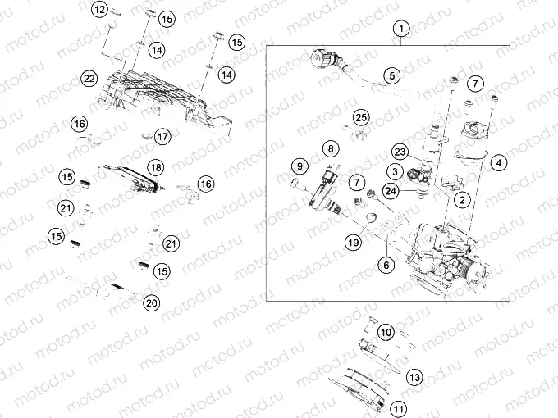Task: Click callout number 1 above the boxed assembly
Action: pyautogui.click(x=400, y=30)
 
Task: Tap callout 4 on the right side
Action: pyautogui.click(x=498, y=162)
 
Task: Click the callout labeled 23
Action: pyautogui.click(x=400, y=152)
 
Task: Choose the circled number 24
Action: pyautogui.click(x=391, y=191)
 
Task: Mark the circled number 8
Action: pyautogui.click(x=329, y=149)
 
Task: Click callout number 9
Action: pyautogui.click(x=297, y=168)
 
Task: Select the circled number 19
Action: pyautogui.click(x=353, y=242)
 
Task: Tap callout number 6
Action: pyautogui.click(x=384, y=265)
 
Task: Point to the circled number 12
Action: pyautogui.click(x=99, y=11)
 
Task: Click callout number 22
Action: pyautogui.click(x=89, y=79)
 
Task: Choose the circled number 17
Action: pyautogui.click(x=162, y=136)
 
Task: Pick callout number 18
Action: pyautogui.click(x=155, y=167)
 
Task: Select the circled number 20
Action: pyautogui.click(x=151, y=303)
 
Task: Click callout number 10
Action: pyautogui.click(x=386, y=332)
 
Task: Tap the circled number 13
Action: pyautogui.click(x=414, y=377)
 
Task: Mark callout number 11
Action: pyautogui.click(x=398, y=407)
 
